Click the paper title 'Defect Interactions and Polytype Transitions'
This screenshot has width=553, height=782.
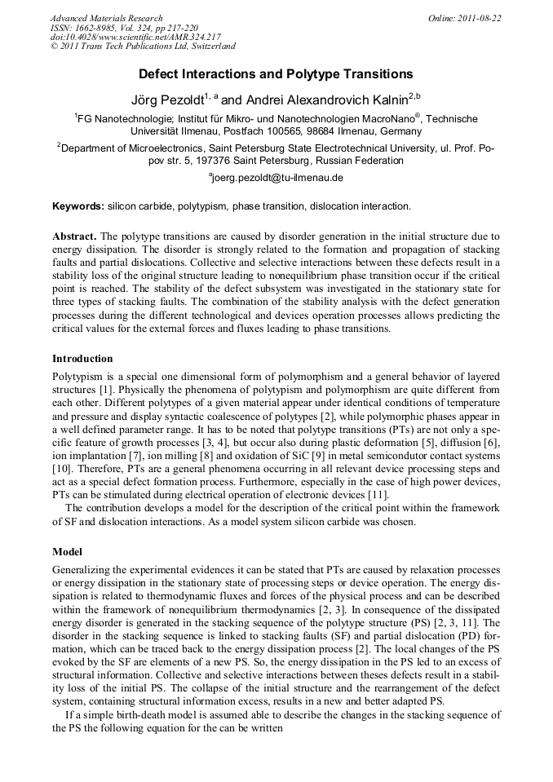pos(276,74)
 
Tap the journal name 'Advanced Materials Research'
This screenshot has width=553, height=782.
pos(107,18)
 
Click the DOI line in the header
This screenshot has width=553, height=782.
pos(135,38)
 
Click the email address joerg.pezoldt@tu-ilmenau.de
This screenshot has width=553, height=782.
pos(278,177)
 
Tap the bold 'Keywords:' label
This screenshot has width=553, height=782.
pos(78,206)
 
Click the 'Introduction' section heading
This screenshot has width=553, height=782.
pos(82,358)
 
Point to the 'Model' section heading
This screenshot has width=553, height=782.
pos(68,551)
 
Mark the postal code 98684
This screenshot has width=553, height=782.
pos(338,131)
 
